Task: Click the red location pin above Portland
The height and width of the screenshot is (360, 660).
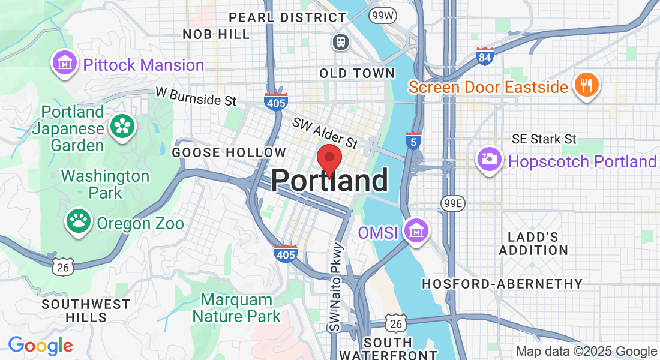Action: tap(329, 159)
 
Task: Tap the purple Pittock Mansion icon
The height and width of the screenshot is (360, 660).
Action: tap(65, 64)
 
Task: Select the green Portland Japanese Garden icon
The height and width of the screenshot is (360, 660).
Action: tap(123, 127)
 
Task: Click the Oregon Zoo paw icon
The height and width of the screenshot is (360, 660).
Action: tap(78, 221)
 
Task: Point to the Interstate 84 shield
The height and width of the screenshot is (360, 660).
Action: tap(484, 56)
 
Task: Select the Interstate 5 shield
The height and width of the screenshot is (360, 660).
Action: tap(413, 140)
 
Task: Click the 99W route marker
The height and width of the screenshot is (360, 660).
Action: tap(382, 14)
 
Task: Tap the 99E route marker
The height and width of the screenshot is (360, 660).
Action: tap(452, 203)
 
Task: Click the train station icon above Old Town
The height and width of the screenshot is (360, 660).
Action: tap(341, 41)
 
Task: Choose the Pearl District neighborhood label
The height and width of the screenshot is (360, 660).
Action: tap(280, 17)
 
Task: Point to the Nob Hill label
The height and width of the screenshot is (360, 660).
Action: tap(216, 34)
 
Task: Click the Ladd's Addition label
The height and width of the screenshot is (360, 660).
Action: tap(533, 244)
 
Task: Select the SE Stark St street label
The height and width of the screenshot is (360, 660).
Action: tap(544, 139)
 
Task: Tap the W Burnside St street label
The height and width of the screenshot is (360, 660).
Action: tap(196, 96)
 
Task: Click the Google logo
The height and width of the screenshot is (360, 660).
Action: tap(40, 346)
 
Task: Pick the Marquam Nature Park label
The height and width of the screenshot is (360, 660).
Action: tap(240, 307)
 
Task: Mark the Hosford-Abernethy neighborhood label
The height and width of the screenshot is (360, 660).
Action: tap(502, 283)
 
